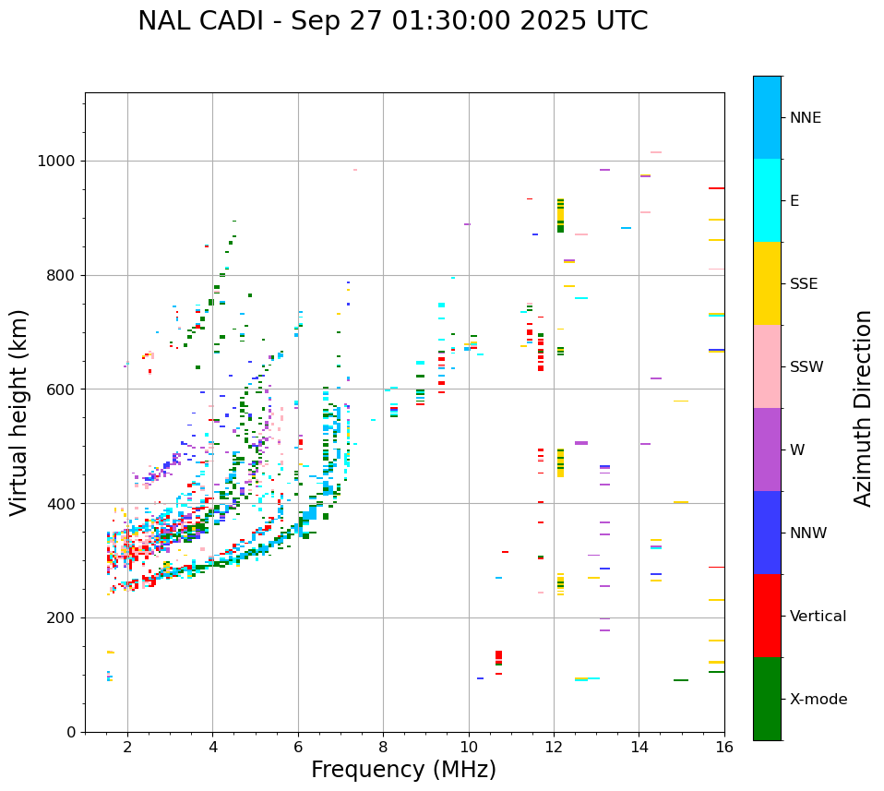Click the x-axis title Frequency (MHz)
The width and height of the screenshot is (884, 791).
[x=403, y=770]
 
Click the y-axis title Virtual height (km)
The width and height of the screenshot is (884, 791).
[x=19, y=412]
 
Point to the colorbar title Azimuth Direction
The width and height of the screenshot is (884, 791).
[x=863, y=408]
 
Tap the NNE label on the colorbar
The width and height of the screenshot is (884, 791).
[x=805, y=118]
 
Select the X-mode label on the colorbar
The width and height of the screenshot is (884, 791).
[x=818, y=700]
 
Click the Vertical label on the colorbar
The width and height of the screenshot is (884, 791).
[x=818, y=617]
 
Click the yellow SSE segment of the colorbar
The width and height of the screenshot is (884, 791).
[x=767, y=282]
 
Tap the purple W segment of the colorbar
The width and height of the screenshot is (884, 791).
[x=767, y=449]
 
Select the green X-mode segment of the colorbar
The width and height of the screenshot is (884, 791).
[x=767, y=699]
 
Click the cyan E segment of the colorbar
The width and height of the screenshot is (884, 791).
[x=767, y=200]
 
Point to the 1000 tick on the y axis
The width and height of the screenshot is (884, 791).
[x=57, y=162]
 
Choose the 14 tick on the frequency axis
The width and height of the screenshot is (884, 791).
[x=639, y=746]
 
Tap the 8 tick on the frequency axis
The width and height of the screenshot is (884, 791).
[x=383, y=746]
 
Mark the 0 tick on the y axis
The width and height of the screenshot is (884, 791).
[x=71, y=732]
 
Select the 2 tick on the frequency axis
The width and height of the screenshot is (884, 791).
[x=127, y=746]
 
